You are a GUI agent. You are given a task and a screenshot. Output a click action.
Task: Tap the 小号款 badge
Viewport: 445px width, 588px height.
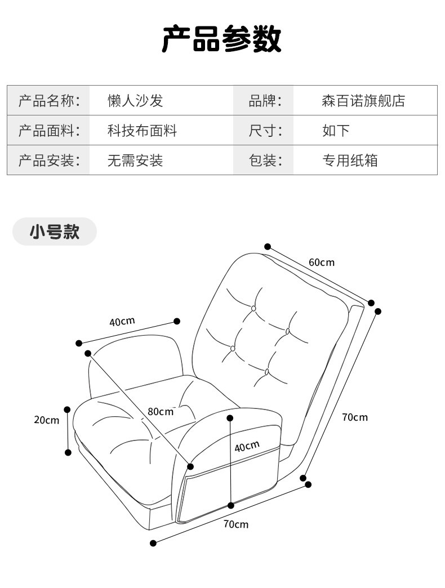[x=55, y=231]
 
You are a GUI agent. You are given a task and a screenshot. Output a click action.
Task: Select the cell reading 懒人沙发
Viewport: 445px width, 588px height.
[x=135, y=101]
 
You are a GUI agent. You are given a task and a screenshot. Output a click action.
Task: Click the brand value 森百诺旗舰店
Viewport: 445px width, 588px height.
[x=363, y=101]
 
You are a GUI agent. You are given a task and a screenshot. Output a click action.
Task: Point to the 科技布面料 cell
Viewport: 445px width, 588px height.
[x=142, y=131]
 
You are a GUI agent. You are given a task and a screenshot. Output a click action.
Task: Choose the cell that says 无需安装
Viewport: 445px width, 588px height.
[x=135, y=161]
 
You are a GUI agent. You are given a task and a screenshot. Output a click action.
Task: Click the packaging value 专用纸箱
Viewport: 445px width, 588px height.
[x=349, y=161]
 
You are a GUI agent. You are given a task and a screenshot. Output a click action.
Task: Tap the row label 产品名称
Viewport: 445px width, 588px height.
[x=50, y=101]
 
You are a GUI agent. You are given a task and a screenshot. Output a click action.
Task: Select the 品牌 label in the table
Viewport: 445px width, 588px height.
[x=264, y=101]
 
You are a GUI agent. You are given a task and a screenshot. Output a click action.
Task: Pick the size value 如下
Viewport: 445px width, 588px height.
[x=336, y=131]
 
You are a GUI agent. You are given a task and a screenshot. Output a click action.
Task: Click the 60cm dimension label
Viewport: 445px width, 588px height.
[x=321, y=262]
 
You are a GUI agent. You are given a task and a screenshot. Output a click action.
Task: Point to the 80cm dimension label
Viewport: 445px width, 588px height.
[x=161, y=411]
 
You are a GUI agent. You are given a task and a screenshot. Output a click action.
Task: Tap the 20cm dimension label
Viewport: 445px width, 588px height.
[x=46, y=420]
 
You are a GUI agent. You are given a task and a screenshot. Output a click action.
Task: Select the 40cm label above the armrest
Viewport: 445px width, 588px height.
[x=122, y=322]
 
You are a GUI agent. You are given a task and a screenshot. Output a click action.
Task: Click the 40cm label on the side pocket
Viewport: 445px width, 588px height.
[x=247, y=447]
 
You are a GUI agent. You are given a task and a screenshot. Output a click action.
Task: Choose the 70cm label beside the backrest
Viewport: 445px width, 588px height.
[x=354, y=417]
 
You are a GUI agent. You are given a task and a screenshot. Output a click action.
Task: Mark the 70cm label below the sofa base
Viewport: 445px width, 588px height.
[x=235, y=524]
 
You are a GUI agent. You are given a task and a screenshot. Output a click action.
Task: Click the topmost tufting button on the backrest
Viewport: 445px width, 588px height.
[x=254, y=308]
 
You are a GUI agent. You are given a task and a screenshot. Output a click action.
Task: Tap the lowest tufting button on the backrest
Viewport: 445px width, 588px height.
[x=267, y=372]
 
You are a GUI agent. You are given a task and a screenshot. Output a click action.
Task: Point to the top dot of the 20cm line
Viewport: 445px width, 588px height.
[x=68, y=409]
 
